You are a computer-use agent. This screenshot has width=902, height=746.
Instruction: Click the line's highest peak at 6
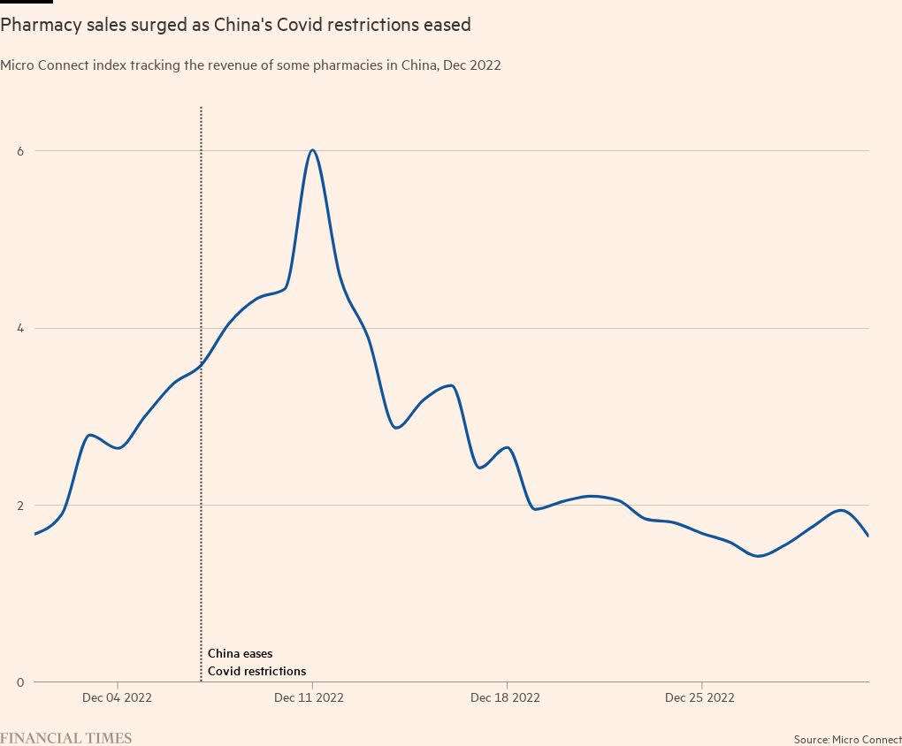pyautogui.click(x=312, y=150)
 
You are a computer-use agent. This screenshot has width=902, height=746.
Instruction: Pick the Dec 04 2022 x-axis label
pyautogui.click(x=117, y=697)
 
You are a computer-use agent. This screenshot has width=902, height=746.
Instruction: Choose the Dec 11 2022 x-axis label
pyautogui.click(x=309, y=697)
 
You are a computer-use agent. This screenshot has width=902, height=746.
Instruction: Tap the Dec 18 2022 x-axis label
pyautogui.click(x=505, y=697)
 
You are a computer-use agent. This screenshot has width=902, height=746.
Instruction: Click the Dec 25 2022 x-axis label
pyautogui.click(x=699, y=697)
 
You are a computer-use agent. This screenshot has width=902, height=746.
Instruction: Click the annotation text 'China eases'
pyautogui.click(x=240, y=654)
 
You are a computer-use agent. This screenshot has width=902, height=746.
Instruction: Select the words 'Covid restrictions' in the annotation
pyautogui.click(x=256, y=672)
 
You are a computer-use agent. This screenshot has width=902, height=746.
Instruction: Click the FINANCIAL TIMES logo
pyautogui.click(x=65, y=738)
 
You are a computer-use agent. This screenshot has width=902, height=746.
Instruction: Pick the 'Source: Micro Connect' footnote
pyautogui.click(x=847, y=739)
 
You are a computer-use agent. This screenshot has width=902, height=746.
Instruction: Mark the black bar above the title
pyautogui.click(x=27, y=2)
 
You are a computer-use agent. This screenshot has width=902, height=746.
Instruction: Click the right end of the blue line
pyautogui.click(x=868, y=536)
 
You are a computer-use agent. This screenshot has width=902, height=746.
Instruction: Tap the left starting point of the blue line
pyautogui.click(x=35, y=534)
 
